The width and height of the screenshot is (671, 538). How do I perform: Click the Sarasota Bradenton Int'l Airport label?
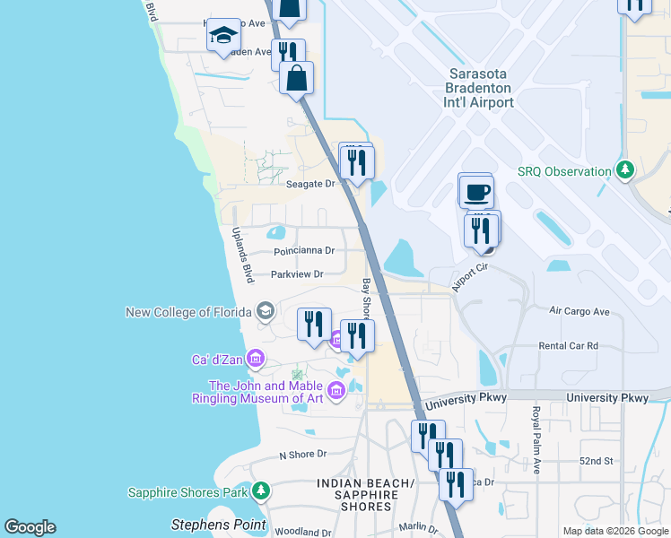(x=480, y=89)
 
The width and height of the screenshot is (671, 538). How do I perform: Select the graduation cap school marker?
(x=223, y=36)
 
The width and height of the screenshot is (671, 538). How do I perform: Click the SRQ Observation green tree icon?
(x=625, y=170)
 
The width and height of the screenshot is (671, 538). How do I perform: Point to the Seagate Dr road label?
(x=309, y=184)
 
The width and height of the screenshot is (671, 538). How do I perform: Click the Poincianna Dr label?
(x=304, y=251)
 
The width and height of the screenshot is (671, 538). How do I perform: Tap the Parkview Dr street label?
(x=296, y=273)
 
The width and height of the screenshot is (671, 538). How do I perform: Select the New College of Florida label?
(x=191, y=312)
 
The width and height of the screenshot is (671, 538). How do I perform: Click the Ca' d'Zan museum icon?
(x=256, y=360)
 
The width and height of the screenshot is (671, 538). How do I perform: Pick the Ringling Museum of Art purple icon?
(x=336, y=390)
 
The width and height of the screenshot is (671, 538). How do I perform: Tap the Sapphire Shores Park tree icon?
(x=260, y=490)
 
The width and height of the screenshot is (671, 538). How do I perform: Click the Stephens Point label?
(x=219, y=524)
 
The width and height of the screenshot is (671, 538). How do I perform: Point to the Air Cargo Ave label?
(x=579, y=311)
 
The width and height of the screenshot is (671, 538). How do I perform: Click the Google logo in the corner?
(x=30, y=527)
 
